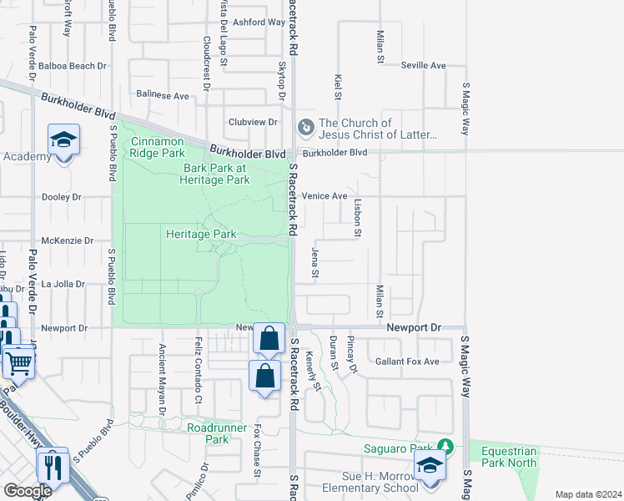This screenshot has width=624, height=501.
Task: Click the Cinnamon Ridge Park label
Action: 158,147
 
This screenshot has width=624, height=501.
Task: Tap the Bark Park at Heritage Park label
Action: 216,174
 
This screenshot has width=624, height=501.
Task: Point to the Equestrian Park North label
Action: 509,457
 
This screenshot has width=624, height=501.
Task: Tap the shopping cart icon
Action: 18,362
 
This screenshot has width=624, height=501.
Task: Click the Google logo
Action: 28,490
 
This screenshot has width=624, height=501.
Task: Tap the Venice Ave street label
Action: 324,196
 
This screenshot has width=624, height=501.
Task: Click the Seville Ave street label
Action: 423,65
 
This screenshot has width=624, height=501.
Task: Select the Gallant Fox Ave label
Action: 406,362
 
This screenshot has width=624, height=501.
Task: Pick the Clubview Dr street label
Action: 252,122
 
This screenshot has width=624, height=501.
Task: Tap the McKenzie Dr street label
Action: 68,240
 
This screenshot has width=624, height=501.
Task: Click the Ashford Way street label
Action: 259,23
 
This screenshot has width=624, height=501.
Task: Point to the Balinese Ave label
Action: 163,96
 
